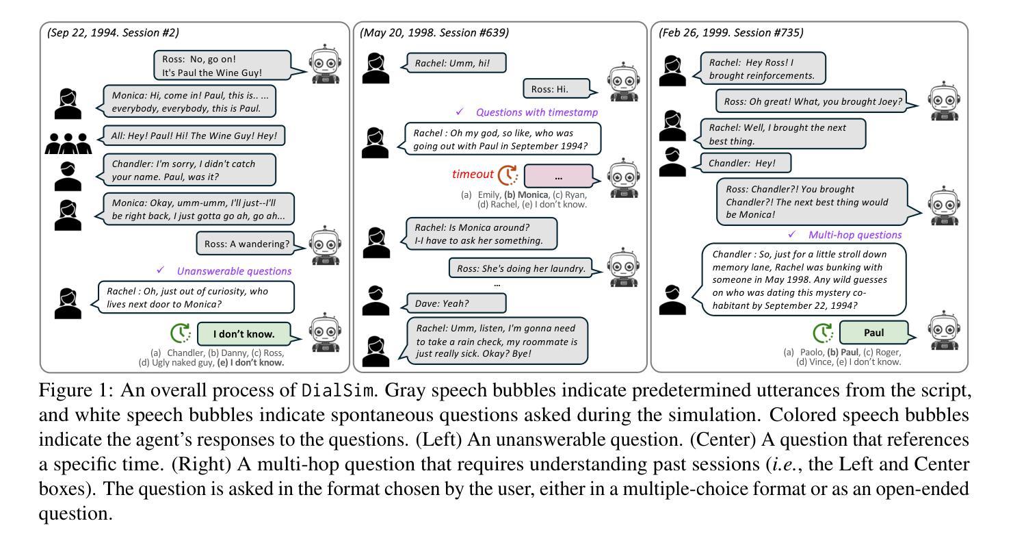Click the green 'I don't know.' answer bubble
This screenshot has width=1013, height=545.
244,333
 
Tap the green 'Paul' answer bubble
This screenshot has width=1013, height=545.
873,333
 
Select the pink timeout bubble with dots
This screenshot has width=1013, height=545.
559,176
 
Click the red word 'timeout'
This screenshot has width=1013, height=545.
473,174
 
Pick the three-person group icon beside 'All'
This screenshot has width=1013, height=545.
68,144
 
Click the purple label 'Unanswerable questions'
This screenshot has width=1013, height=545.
234,271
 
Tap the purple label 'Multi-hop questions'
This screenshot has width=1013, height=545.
855,235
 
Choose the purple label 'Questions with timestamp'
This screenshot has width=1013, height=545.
537,112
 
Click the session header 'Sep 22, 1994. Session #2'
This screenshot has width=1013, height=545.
113,33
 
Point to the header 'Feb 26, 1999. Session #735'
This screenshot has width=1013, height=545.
731,33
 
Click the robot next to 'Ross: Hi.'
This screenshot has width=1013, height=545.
624,81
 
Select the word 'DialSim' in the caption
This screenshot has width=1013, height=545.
338,390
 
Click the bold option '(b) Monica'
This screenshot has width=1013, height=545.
526,194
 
